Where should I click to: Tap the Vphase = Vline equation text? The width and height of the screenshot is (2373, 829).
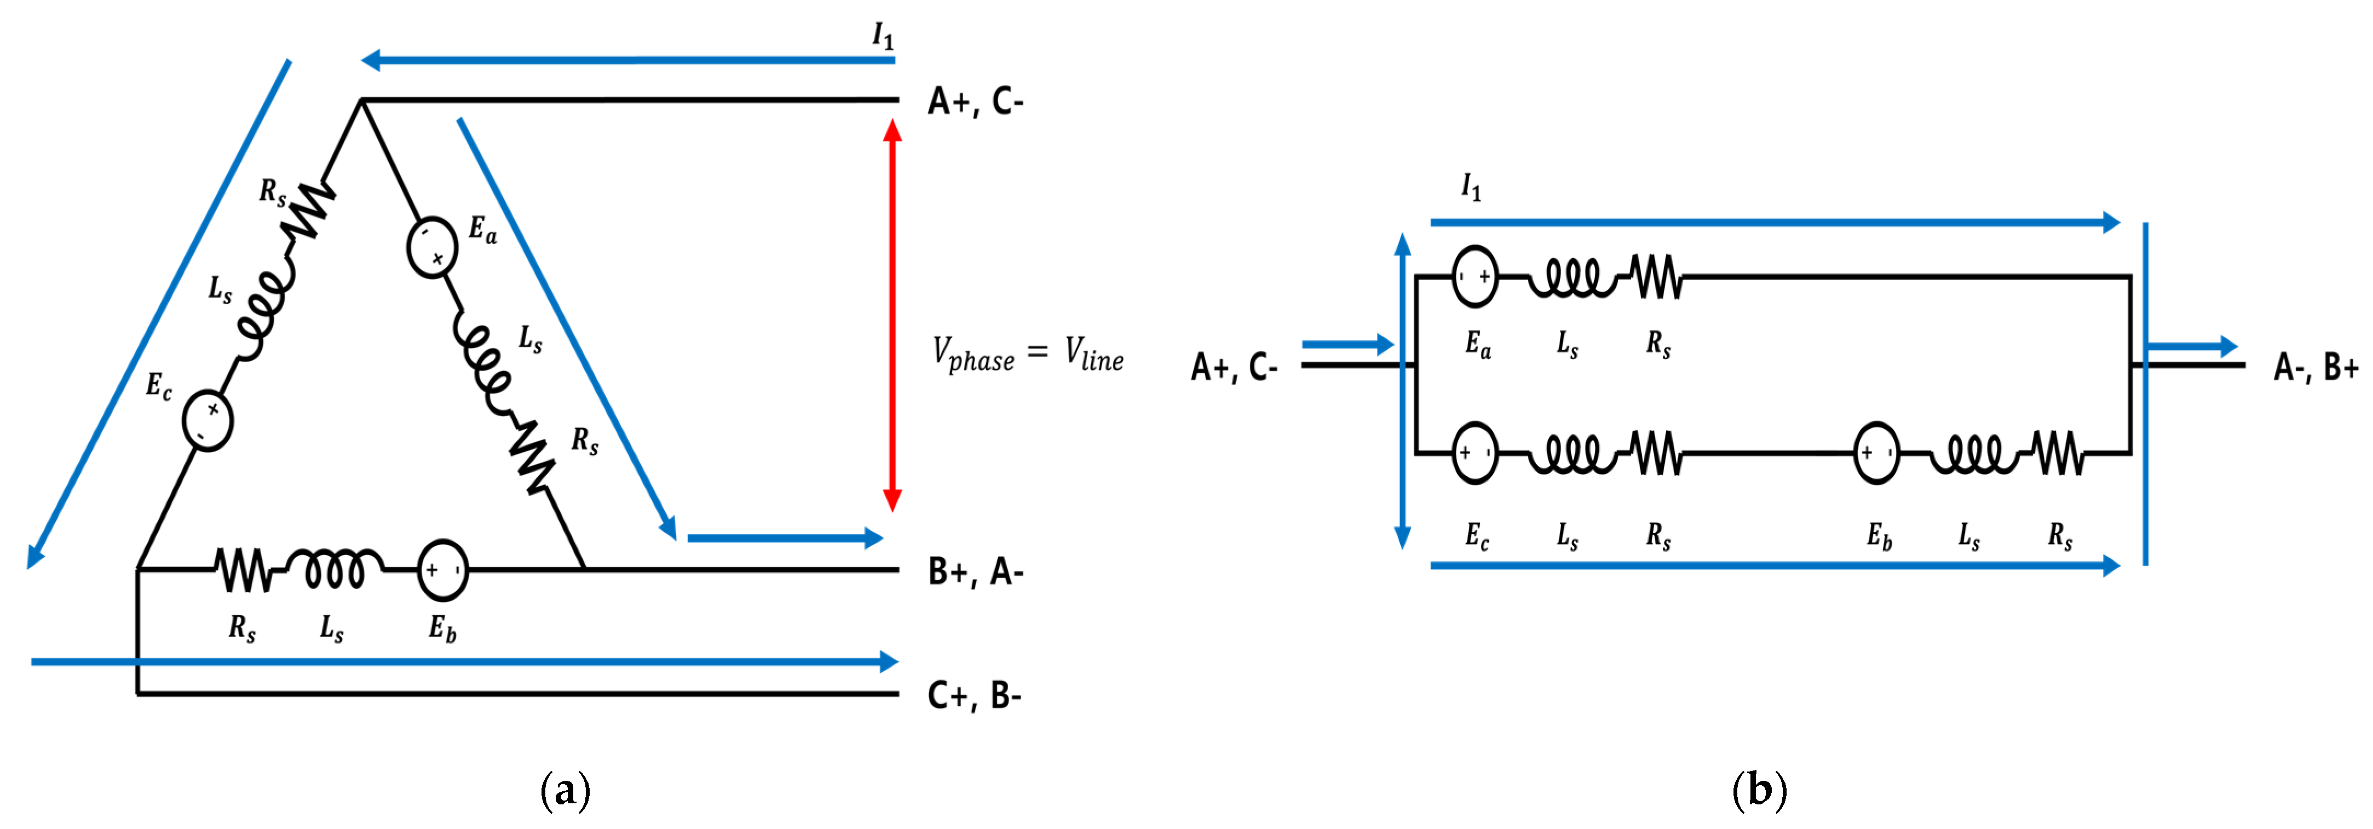1027,355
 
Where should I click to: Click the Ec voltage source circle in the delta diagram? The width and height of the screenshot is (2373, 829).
208,420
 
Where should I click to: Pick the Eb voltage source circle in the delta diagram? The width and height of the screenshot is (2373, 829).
442,570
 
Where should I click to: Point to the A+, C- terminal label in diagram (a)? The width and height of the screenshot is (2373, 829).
975,101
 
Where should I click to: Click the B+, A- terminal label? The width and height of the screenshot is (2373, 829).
975,573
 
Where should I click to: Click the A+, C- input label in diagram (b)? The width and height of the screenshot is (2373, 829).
1234,368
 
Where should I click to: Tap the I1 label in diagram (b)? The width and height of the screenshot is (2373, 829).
1471,188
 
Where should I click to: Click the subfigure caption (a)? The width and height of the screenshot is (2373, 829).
565,790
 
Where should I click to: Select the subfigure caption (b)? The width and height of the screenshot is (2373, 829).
1759,790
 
